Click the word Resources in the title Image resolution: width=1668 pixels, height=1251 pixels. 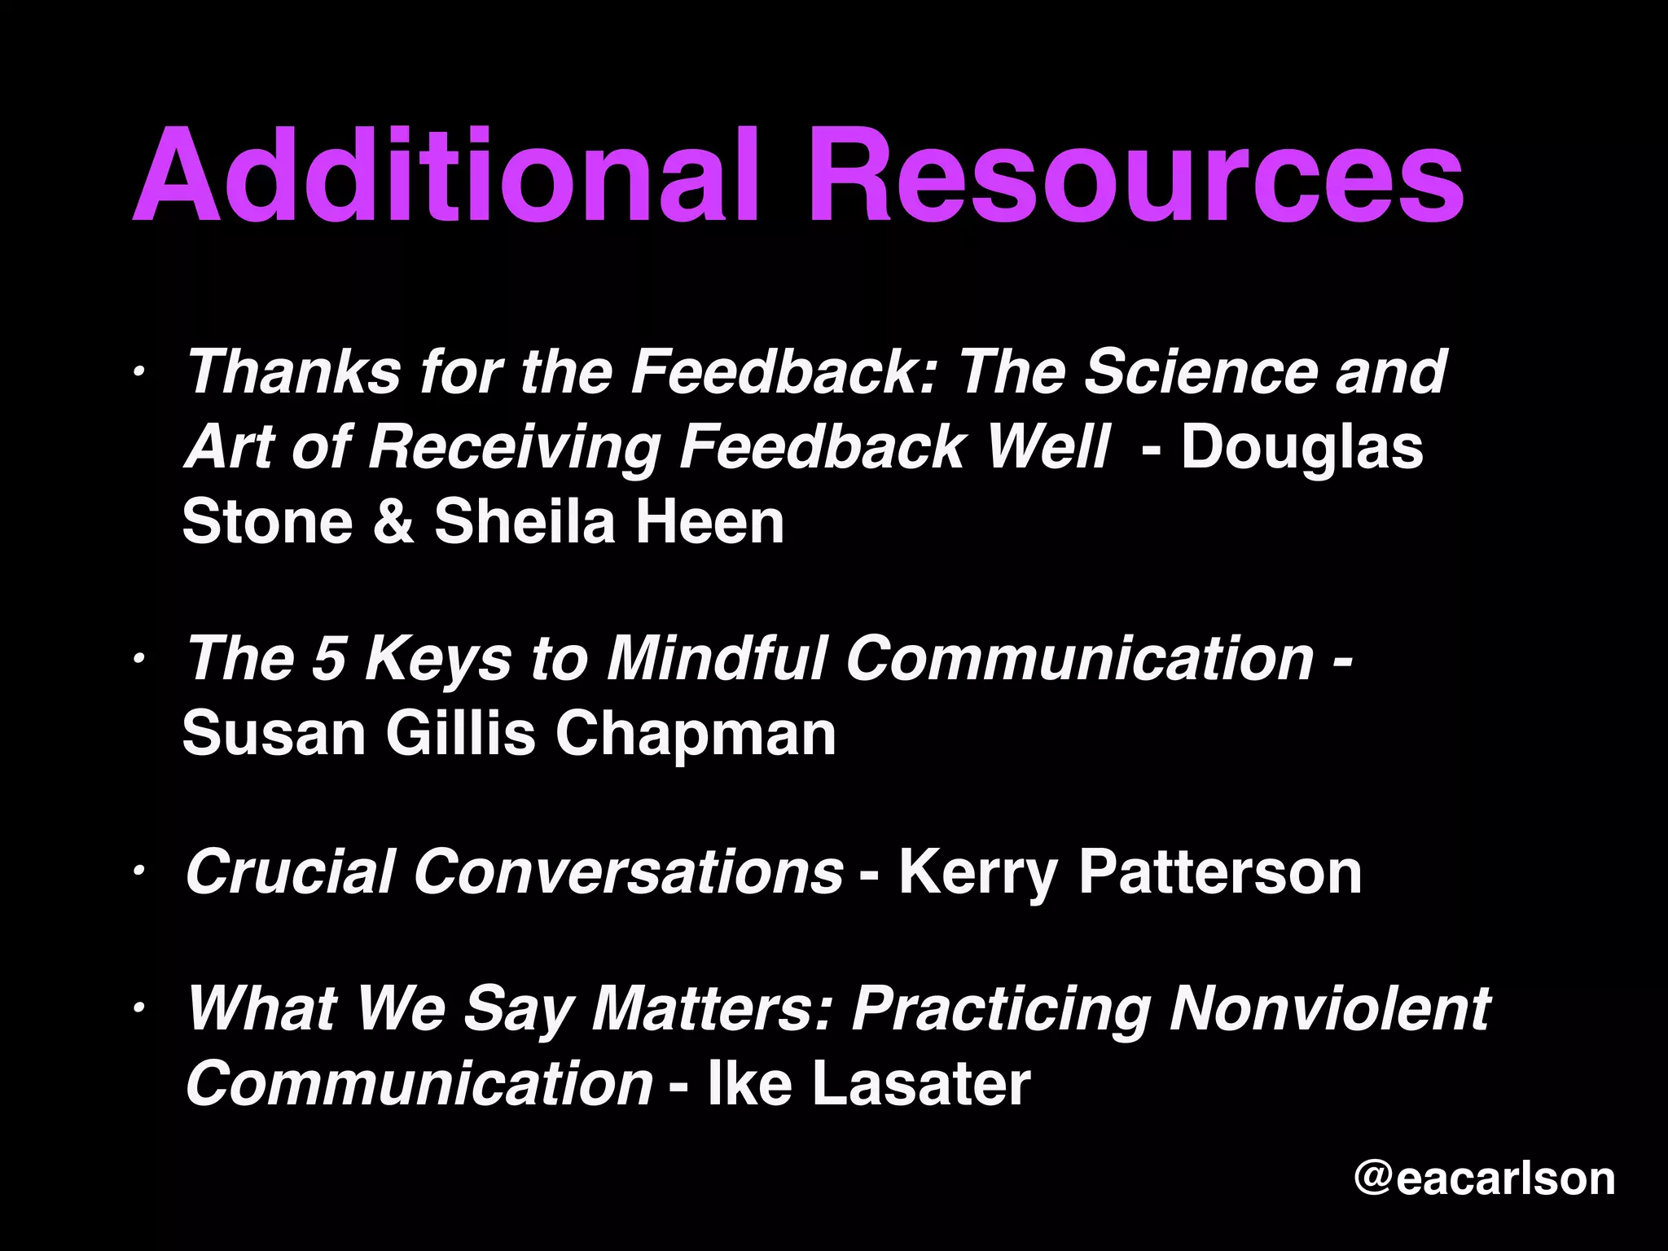click(x=1135, y=175)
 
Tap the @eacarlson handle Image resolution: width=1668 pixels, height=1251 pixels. click(x=1484, y=1179)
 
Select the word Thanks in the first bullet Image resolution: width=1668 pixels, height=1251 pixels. click(x=294, y=372)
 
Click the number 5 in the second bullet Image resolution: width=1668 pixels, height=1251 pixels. click(x=329, y=658)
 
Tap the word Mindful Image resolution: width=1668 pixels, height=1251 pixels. click(x=717, y=658)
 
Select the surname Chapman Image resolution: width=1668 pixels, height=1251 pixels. click(x=696, y=733)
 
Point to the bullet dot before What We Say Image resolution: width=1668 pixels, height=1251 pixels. click(x=140, y=1009)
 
